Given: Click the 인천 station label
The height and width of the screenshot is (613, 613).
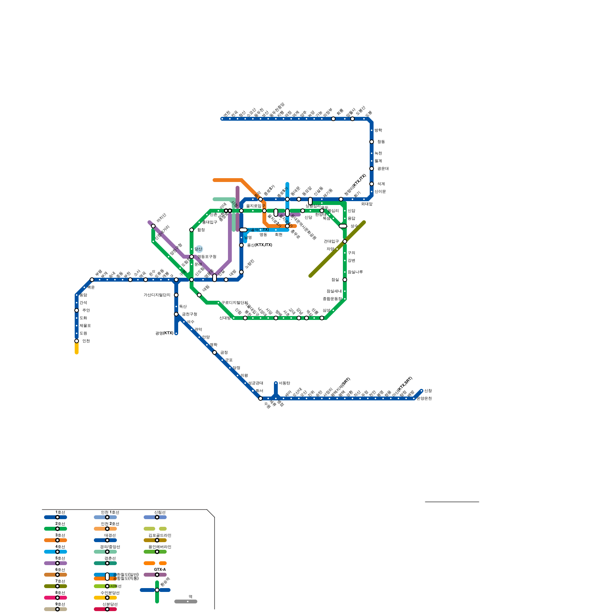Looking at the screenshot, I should tap(86, 341).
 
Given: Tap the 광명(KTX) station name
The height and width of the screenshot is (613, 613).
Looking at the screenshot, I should tap(164, 333).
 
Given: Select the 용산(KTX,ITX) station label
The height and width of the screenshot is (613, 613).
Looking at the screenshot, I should tap(259, 245).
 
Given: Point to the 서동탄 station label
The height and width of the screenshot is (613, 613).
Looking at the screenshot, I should tap(284, 383).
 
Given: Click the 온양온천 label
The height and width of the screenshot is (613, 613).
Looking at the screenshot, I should tap(424, 398).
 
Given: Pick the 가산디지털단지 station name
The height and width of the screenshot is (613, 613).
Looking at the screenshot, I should tap(157, 295).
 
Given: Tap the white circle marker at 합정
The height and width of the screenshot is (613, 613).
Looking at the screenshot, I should tap(192, 230).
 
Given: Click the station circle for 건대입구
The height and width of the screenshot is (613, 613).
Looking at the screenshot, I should tap(345, 241).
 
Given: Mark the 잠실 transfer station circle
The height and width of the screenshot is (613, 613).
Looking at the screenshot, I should tap(345, 280).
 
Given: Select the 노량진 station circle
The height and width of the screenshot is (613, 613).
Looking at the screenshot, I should tap(241, 272).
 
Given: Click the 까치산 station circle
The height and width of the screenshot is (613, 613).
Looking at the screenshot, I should tap(153, 226).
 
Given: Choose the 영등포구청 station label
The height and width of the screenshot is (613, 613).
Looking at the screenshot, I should tap(207, 257).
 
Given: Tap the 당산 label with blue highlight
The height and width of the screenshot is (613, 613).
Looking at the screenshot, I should tap(198, 249).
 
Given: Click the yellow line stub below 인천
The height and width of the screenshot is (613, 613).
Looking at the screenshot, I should tap(77, 349).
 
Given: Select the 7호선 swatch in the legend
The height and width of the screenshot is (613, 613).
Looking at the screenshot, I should tap(56, 586).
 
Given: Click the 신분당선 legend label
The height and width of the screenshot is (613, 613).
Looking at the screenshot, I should tap(110, 604).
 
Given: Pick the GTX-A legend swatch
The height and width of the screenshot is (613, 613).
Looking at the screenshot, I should tap(155, 575).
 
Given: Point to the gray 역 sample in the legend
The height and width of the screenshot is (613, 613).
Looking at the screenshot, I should tap(186, 602).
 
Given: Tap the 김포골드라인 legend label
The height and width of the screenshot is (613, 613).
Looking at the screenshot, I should tap(160, 535).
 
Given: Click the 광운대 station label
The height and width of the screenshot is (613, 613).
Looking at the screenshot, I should tap(383, 169).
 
